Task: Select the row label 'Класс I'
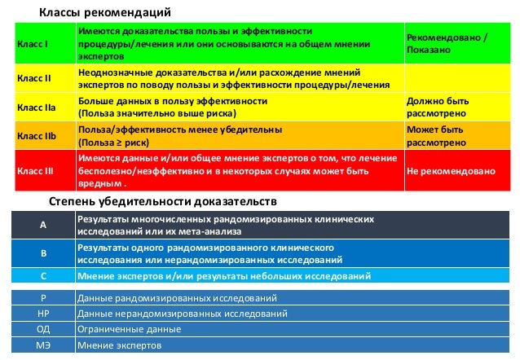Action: pyautogui.click(x=33, y=44)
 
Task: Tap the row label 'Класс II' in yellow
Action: pyautogui.click(x=34, y=78)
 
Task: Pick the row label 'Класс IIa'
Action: pyautogui.click(x=37, y=107)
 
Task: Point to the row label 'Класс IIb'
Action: pyautogui.click(x=37, y=135)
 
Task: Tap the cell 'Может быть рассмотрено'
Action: pyautogui.click(x=435, y=135)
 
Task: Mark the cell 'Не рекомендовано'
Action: pyautogui.click(x=451, y=172)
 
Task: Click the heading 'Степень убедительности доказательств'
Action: pyautogui.click(x=163, y=200)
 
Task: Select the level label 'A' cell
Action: pyautogui.click(x=44, y=226)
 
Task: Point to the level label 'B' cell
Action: pyautogui.click(x=44, y=253)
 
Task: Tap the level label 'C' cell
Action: pyautogui.click(x=44, y=276)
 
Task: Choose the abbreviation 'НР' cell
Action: pyautogui.click(x=44, y=314)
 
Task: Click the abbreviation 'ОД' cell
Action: pyautogui.click(x=44, y=329)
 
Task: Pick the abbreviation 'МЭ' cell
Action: pyautogui.click(x=44, y=345)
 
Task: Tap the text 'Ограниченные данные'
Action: pyautogui.click(x=129, y=329)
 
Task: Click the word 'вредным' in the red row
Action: pyautogui.click(x=98, y=184)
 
